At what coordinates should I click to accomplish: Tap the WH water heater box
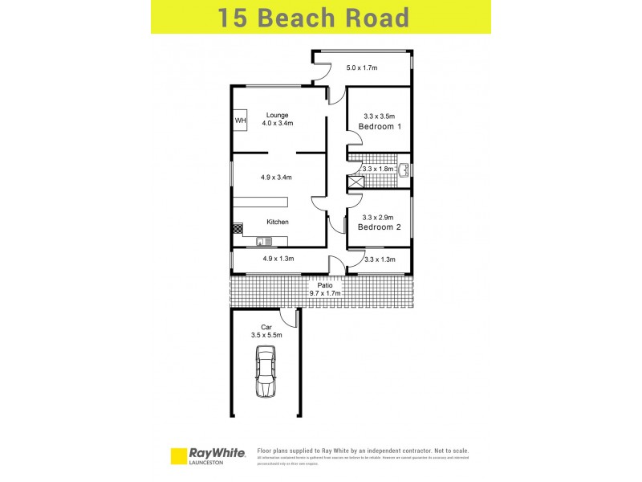240,120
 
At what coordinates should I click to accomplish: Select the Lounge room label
278,115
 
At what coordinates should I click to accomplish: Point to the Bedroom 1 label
380,127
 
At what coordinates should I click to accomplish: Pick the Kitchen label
278,222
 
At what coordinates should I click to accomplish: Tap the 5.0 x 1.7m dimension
362,67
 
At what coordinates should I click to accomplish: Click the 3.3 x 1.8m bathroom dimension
379,170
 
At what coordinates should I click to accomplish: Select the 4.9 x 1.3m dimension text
278,259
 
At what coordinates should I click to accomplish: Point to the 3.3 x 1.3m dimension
380,259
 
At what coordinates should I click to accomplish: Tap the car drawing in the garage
266,371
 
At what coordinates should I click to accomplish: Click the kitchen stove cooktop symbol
238,229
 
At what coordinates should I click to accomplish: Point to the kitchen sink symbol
265,241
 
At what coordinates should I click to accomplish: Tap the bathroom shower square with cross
355,182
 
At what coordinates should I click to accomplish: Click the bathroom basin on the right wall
405,170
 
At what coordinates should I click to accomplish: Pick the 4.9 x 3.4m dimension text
275,177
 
